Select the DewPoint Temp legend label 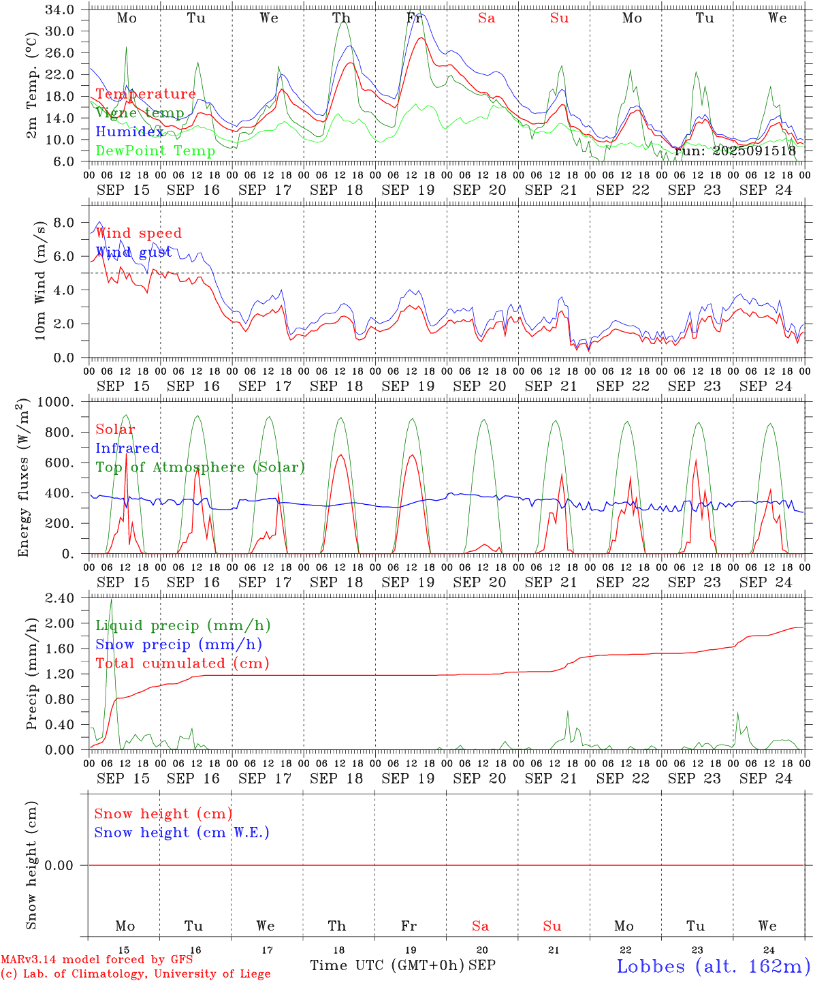(x=155, y=151)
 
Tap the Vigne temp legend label (x=140, y=113)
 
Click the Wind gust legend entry (x=133, y=252)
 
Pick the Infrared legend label (x=127, y=448)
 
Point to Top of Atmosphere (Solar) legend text (x=200, y=467)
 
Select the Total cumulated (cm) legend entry (x=182, y=663)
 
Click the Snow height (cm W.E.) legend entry (x=181, y=832)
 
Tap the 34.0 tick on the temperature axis (x=61, y=10)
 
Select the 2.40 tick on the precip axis (x=61, y=598)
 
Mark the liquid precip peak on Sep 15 (x=111, y=599)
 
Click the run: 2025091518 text (x=734, y=151)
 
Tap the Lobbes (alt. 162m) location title (x=713, y=966)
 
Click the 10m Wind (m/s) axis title (x=41, y=280)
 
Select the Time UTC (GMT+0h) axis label (x=387, y=965)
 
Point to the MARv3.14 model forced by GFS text (x=96, y=960)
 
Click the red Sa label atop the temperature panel (x=486, y=18)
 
